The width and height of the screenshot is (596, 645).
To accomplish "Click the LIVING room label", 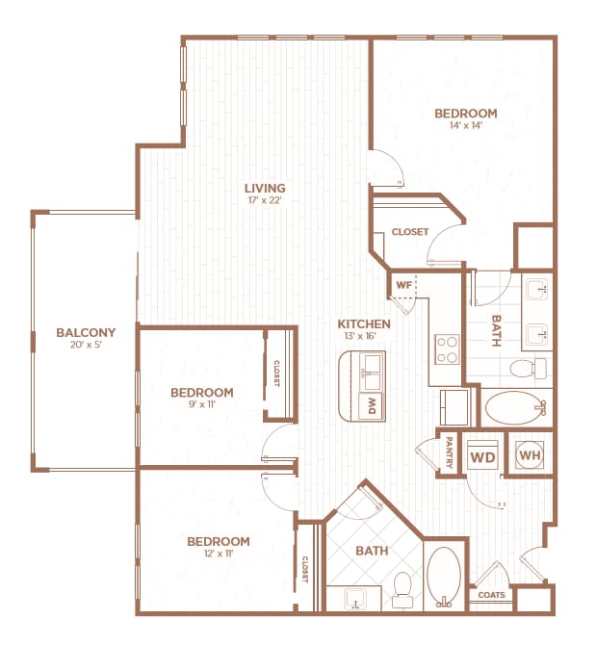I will click(x=264, y=188).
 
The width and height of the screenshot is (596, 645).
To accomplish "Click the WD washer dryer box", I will click(x=481, y=454).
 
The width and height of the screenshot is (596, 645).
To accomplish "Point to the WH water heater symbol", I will click(x=529, y=454).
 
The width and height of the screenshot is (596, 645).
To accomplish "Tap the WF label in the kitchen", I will click(x=402, y=285).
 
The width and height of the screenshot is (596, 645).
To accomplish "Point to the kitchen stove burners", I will click(x=448, y=348).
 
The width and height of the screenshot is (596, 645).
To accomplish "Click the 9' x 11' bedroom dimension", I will click(x=201, y=406).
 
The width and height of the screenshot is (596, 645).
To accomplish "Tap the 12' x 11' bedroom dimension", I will click(x=218, y=555).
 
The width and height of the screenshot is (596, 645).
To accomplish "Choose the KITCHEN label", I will click(x=363, y=323).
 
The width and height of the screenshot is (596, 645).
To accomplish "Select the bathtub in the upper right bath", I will click(x=514, y=408).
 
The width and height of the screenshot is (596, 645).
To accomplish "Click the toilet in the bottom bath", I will click(x=402, y=589).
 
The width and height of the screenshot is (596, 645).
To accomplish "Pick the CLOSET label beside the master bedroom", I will click(x=409, y=232).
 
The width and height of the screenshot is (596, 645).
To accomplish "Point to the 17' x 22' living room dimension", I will click(x=264, y=201).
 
